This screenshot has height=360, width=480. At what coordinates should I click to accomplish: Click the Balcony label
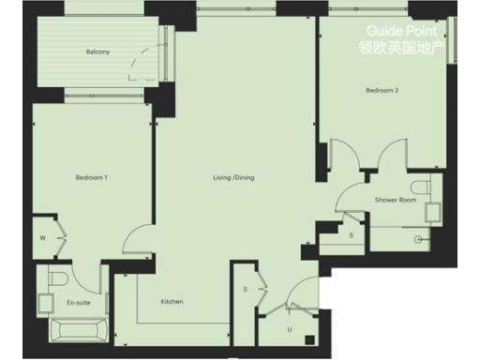click(x=97, y=52)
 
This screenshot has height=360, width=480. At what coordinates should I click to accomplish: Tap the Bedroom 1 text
click(x=92, y=176)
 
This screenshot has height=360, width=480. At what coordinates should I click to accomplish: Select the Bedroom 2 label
click(x=382, y=91)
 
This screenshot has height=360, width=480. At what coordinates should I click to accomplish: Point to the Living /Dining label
click(x=233, y=176)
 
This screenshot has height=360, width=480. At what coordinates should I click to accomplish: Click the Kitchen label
click(x=172, y=301)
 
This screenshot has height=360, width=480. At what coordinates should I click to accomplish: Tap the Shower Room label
click(x=395, y=200)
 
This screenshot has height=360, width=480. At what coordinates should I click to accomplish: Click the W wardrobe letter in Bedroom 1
click(x=42, y=237)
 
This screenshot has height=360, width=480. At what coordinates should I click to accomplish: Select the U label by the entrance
click(x=290, y=329)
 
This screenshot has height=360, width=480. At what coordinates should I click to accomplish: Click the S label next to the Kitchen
click(x=244, y=289)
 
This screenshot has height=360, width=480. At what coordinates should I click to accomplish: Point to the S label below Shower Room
click(x=351, y=234)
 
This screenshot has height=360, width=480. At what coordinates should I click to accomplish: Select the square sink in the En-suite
click(x=44, y=302)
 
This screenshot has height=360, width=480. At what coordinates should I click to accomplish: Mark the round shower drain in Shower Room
click(x=416, y=240)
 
